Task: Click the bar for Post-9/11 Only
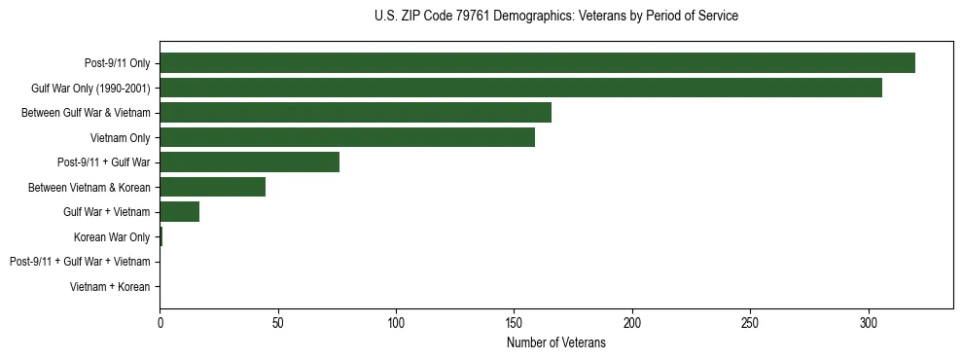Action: point(537,63)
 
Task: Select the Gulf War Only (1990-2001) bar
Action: point(520,88)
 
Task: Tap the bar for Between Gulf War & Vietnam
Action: point(355,113)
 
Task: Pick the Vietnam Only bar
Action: point(347,137)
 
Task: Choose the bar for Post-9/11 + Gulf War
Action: point(249,162)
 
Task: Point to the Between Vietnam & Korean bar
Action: point(212,187)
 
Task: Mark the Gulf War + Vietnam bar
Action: point(179,212)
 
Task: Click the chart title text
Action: point(555,16)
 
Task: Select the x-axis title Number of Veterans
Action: point(555,343)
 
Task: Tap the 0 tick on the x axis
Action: point(160,322)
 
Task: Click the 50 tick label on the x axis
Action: point(277,322)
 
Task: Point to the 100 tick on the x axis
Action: point(396,322)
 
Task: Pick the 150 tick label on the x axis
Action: point(514,322)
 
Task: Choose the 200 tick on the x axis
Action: point(632,322)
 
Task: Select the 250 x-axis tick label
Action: point(750,322)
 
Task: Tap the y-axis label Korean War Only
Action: point(112,237)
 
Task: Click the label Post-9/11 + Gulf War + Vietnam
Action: point(80,262)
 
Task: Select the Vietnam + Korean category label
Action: point(110,287)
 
